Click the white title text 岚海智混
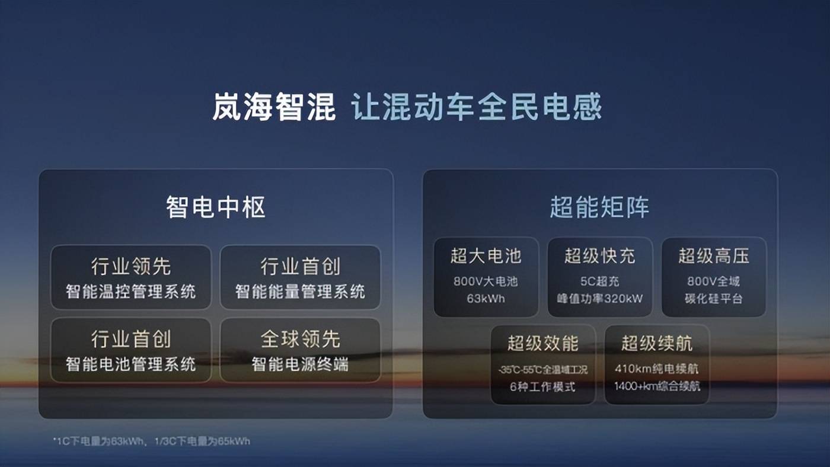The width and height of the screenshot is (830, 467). pyautogui.click(x=274, y=108)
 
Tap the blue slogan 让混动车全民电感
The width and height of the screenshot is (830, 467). pyautogui.click(x=477, y=108)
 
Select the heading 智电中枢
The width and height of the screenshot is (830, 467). pyautogui.click(x=215, y=207)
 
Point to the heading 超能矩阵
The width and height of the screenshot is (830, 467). pyautogui.click(x=599, y=207)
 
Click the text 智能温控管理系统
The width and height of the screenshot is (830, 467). pyautogui.click(x=130, y=292)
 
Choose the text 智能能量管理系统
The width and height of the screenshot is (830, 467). pyautogui.click(x=300, y=292)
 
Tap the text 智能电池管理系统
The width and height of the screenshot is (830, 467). pyautogui.click(x=130, y=363)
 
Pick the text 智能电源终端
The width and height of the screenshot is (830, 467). pyautogui.click(x=300, y=363)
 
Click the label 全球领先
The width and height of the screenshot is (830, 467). pyautogui.click(x=300, y=339)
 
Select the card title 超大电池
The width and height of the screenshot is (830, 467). pyautogui.click(x=486, y=256)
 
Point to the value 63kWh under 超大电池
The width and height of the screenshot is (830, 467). pyautogui.click(x=486, y=299)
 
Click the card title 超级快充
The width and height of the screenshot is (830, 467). pyautogui.click(x=599, y=256)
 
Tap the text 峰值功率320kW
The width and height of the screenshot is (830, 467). pyautogui.click(x=599, y=299)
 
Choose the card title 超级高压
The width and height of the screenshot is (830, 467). pyautogui.click(x=714, y=256)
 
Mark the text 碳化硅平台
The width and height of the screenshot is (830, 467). pyautogui.click(x=714, y=299)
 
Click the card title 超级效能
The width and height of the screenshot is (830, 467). pyautogui.click(x=542, y=343)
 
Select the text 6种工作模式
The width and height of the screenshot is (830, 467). pyautogui.click(x=542, y=386)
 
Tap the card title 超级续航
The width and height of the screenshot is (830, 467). pyautogui.click(x=657, y=343)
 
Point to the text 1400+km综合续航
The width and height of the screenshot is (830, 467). pyautogui.click(x=657, y=386)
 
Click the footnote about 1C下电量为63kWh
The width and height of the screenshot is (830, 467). pyautogui.click(x=151, y=441)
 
